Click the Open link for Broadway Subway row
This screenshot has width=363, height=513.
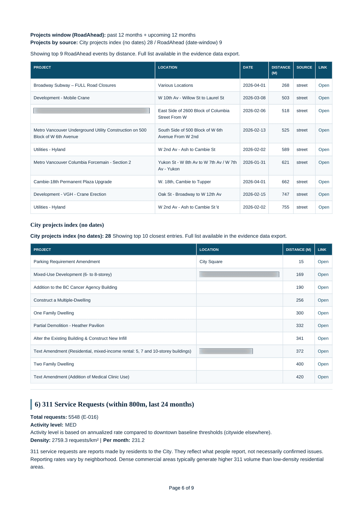[x=324, y=85]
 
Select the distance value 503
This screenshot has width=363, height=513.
[x=285, y=98]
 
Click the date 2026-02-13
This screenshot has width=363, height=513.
[x=254, y=130]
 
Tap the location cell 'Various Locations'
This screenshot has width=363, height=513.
[x=175, y=85]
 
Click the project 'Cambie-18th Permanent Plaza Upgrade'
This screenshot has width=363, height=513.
[x=72, y=182]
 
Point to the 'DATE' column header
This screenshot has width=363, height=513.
[x=248, y=67]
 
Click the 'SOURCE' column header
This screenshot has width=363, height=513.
[x=304, y=67]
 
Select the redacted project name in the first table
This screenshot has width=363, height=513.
[x=91, y=111]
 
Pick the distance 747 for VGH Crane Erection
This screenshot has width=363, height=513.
[x=285, y=194]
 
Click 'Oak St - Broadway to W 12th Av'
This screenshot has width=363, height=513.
[x=190, y=194]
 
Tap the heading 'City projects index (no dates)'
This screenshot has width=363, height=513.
[x=67, y=225]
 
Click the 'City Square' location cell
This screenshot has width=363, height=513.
[x=211, y=262]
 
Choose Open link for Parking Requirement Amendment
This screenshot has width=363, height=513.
[x=323, y=262]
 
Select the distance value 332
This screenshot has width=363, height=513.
[x=300, y=325]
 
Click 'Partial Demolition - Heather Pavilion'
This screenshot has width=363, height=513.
[x=69, y=325]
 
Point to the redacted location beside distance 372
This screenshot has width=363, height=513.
[x=226, y=351]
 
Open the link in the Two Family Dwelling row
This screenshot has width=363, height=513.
[x=323, y=364]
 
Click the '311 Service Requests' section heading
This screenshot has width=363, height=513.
[x=114, y=404]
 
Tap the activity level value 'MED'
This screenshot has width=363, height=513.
[x=71, y=425]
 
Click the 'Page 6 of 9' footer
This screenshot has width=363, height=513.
[x=181, y=488]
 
